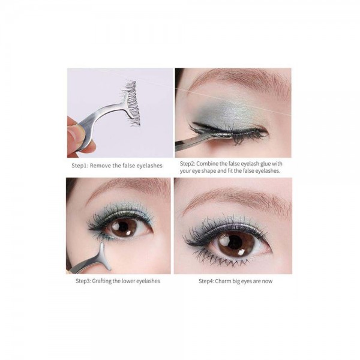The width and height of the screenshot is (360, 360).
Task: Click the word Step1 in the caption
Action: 79,166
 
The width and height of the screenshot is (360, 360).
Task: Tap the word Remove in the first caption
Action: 100,166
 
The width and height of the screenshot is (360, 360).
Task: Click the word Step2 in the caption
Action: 187,164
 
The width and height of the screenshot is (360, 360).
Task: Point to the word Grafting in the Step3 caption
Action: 101,281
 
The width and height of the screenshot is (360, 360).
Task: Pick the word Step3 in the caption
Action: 83,281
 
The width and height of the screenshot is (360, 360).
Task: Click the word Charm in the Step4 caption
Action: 223,281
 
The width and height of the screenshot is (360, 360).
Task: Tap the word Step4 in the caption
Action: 206,281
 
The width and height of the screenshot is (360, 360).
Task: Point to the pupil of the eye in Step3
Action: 124,227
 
